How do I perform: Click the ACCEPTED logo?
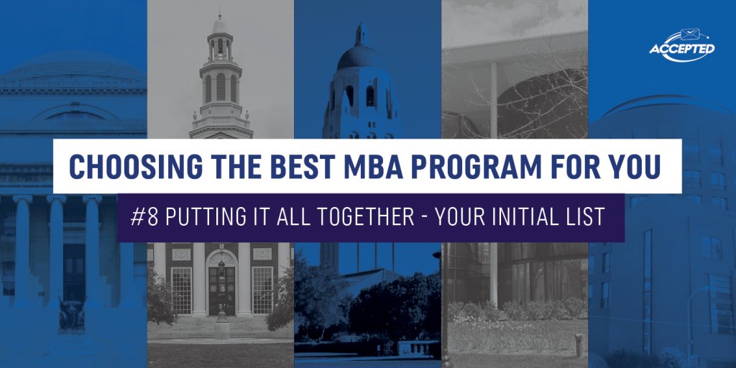(x=681, y=49)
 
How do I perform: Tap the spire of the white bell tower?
(x=221, y=22)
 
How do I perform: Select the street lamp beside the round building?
(x=692, y=316)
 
